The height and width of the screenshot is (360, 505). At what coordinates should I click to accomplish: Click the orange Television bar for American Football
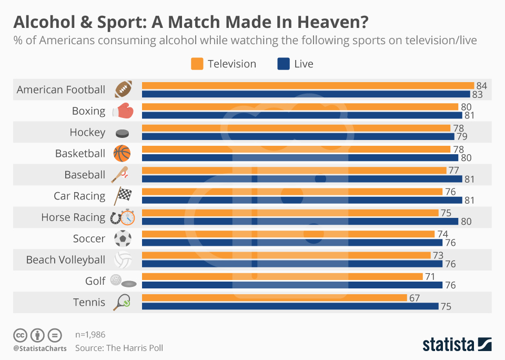[308, 85]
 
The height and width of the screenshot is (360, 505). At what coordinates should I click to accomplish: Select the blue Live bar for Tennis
[290, 306]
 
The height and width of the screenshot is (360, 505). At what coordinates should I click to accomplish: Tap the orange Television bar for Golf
[282, 276]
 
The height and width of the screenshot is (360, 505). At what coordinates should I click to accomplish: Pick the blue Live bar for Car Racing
[302, 200]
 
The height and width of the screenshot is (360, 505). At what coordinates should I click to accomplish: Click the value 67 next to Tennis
[415, 298]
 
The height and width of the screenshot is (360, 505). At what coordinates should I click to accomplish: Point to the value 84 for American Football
[482, 85]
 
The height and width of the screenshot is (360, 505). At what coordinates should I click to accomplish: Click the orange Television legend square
[197, 64]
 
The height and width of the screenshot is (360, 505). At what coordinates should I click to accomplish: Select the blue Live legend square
[283, 64]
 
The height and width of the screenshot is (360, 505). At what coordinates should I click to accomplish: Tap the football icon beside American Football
[123, 89]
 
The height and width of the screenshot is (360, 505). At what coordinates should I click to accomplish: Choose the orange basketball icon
[122, 154]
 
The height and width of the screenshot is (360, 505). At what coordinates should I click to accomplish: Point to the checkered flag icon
[123, 196]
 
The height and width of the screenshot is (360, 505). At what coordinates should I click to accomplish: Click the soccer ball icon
[123, 238]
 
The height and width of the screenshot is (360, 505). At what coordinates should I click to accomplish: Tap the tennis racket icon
[122, 303]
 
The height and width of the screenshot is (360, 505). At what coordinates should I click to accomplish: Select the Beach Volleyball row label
[66, 260]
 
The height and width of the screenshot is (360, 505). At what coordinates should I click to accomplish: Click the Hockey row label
[87, 133]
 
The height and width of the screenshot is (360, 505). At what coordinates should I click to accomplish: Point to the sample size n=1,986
[90, 334]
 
